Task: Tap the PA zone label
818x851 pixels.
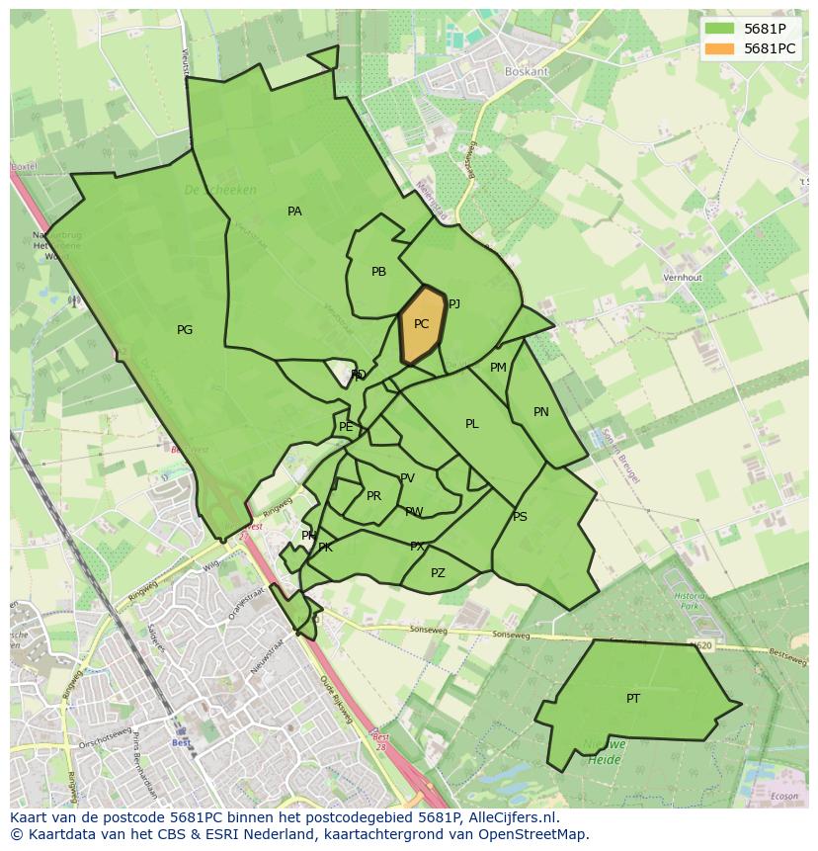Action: (x=294, y=212)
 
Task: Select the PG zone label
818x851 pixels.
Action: (x=185, y=330)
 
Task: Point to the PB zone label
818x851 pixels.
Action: (x=378, y=272)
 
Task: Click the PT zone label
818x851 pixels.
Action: (x=633, y=698)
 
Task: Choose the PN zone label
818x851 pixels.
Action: (x=540, y=412)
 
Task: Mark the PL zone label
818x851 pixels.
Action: (x=472, y=424)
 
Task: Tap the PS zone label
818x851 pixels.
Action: (x=520, y=517)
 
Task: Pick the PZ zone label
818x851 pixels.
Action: (x=438, y=573)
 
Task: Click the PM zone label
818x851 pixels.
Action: (x=498, y=368)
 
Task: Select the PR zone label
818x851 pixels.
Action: (x=373, y=496)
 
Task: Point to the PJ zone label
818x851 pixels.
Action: (x=454, y=304)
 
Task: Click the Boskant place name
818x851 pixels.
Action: (x=526, y=72)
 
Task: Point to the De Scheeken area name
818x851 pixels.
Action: (x=219, y=190)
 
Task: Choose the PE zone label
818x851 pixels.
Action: (x=346, y=427)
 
